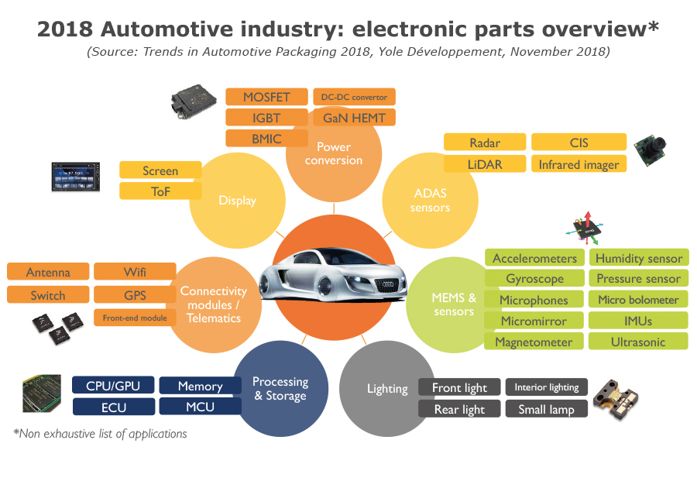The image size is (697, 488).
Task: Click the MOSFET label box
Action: click(x=266, y=97)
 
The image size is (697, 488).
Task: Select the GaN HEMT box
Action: click(x=354, y=118)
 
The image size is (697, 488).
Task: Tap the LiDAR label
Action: click(x=485, y=164)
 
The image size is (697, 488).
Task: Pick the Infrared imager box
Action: click(x=579, y=164)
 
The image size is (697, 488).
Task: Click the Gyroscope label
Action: click(x=534, y=279)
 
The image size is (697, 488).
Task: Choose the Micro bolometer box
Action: click(x=638, y=300)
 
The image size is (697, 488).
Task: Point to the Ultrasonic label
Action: click(x=638, y=342)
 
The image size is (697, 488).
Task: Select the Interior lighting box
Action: click(x=547, y=387)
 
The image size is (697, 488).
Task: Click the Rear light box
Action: click(x=458, y=409)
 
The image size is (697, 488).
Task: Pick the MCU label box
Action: click(x=200, y=407)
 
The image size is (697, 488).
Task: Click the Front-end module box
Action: click(x=134, y=318)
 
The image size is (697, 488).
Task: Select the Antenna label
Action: click(x=48, y=272)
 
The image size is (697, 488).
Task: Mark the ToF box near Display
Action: click(x=160, y=191)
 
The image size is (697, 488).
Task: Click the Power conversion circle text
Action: click(x=334, y=153)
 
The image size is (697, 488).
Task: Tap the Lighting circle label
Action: click(x=387, y=389)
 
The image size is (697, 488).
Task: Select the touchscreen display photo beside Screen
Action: click(x=77, y=177)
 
